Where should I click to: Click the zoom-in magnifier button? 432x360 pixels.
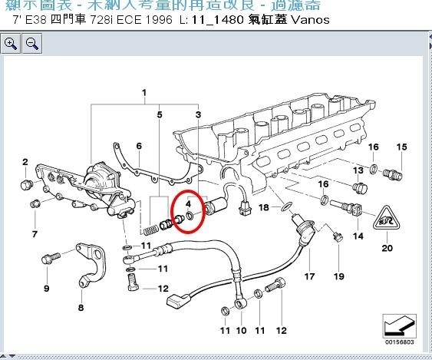(12, 44)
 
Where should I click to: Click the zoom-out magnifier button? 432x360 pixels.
(32, 44)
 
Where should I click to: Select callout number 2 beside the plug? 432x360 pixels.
(25, 162)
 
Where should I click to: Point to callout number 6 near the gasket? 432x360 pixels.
(139, 146)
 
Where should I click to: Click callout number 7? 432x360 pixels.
(35, 233)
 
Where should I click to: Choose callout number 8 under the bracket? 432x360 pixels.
(81, 308)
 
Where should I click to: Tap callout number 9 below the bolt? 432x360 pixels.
(46, 289)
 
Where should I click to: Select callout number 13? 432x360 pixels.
(358, 169)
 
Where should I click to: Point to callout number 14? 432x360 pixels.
(358, 235)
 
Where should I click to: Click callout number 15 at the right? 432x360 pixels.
(399, 147)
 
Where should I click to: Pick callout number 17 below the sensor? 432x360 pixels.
(310, 276)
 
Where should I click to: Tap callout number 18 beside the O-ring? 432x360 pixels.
(264, 207)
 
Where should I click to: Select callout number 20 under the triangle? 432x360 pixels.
(387, 248)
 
